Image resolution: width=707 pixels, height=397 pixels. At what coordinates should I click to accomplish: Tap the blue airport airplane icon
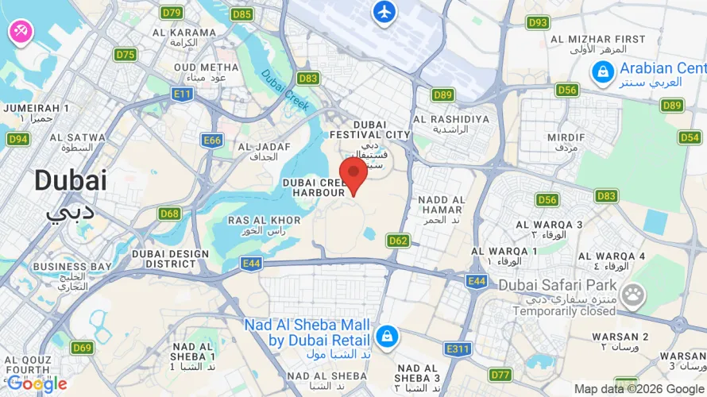pos(384,12)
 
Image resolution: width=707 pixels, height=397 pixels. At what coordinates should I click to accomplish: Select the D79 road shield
pos(172,13)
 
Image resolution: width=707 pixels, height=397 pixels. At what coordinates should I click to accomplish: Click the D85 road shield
pos(241,14)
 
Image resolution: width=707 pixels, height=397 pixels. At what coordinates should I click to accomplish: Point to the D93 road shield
pos(539,22)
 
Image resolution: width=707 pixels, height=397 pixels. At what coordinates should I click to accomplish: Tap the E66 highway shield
pos(212,141)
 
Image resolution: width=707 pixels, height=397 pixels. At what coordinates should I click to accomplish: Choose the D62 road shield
pos(399,240)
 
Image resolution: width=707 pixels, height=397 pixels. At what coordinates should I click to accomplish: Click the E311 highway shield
pos(458,349)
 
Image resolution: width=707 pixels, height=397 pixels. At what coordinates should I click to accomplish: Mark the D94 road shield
pos(18,139)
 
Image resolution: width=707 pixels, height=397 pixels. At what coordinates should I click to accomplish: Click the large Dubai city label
pos(70,181)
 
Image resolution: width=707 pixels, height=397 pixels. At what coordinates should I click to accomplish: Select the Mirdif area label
pos(566,137)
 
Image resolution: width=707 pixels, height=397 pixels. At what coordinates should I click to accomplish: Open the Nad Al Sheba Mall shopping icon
pos(387,336)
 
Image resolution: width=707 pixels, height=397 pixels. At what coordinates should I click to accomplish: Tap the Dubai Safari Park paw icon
pos(633,296)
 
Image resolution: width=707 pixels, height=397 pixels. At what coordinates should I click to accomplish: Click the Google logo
pos(37,384)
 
